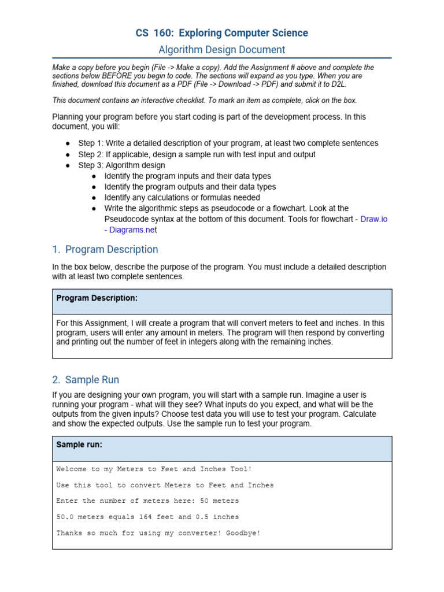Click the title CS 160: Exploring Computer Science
pos(222,33)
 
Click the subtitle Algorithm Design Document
pos(222,50)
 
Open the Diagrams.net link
pos(131,230)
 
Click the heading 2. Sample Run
pos(86,380)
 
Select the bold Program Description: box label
pos(97,298)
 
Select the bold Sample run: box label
pos(79,444)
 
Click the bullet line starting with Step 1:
pos(228,143)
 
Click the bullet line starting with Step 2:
pos(197,154)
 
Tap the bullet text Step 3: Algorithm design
pos(121,165)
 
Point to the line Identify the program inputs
pos(187,176)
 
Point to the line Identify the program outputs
pos(190,187)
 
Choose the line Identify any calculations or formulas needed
pos(182,197)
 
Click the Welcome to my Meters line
pos(154,469)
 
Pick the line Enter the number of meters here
pos(147,501)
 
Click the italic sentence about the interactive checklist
pos(205,99)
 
